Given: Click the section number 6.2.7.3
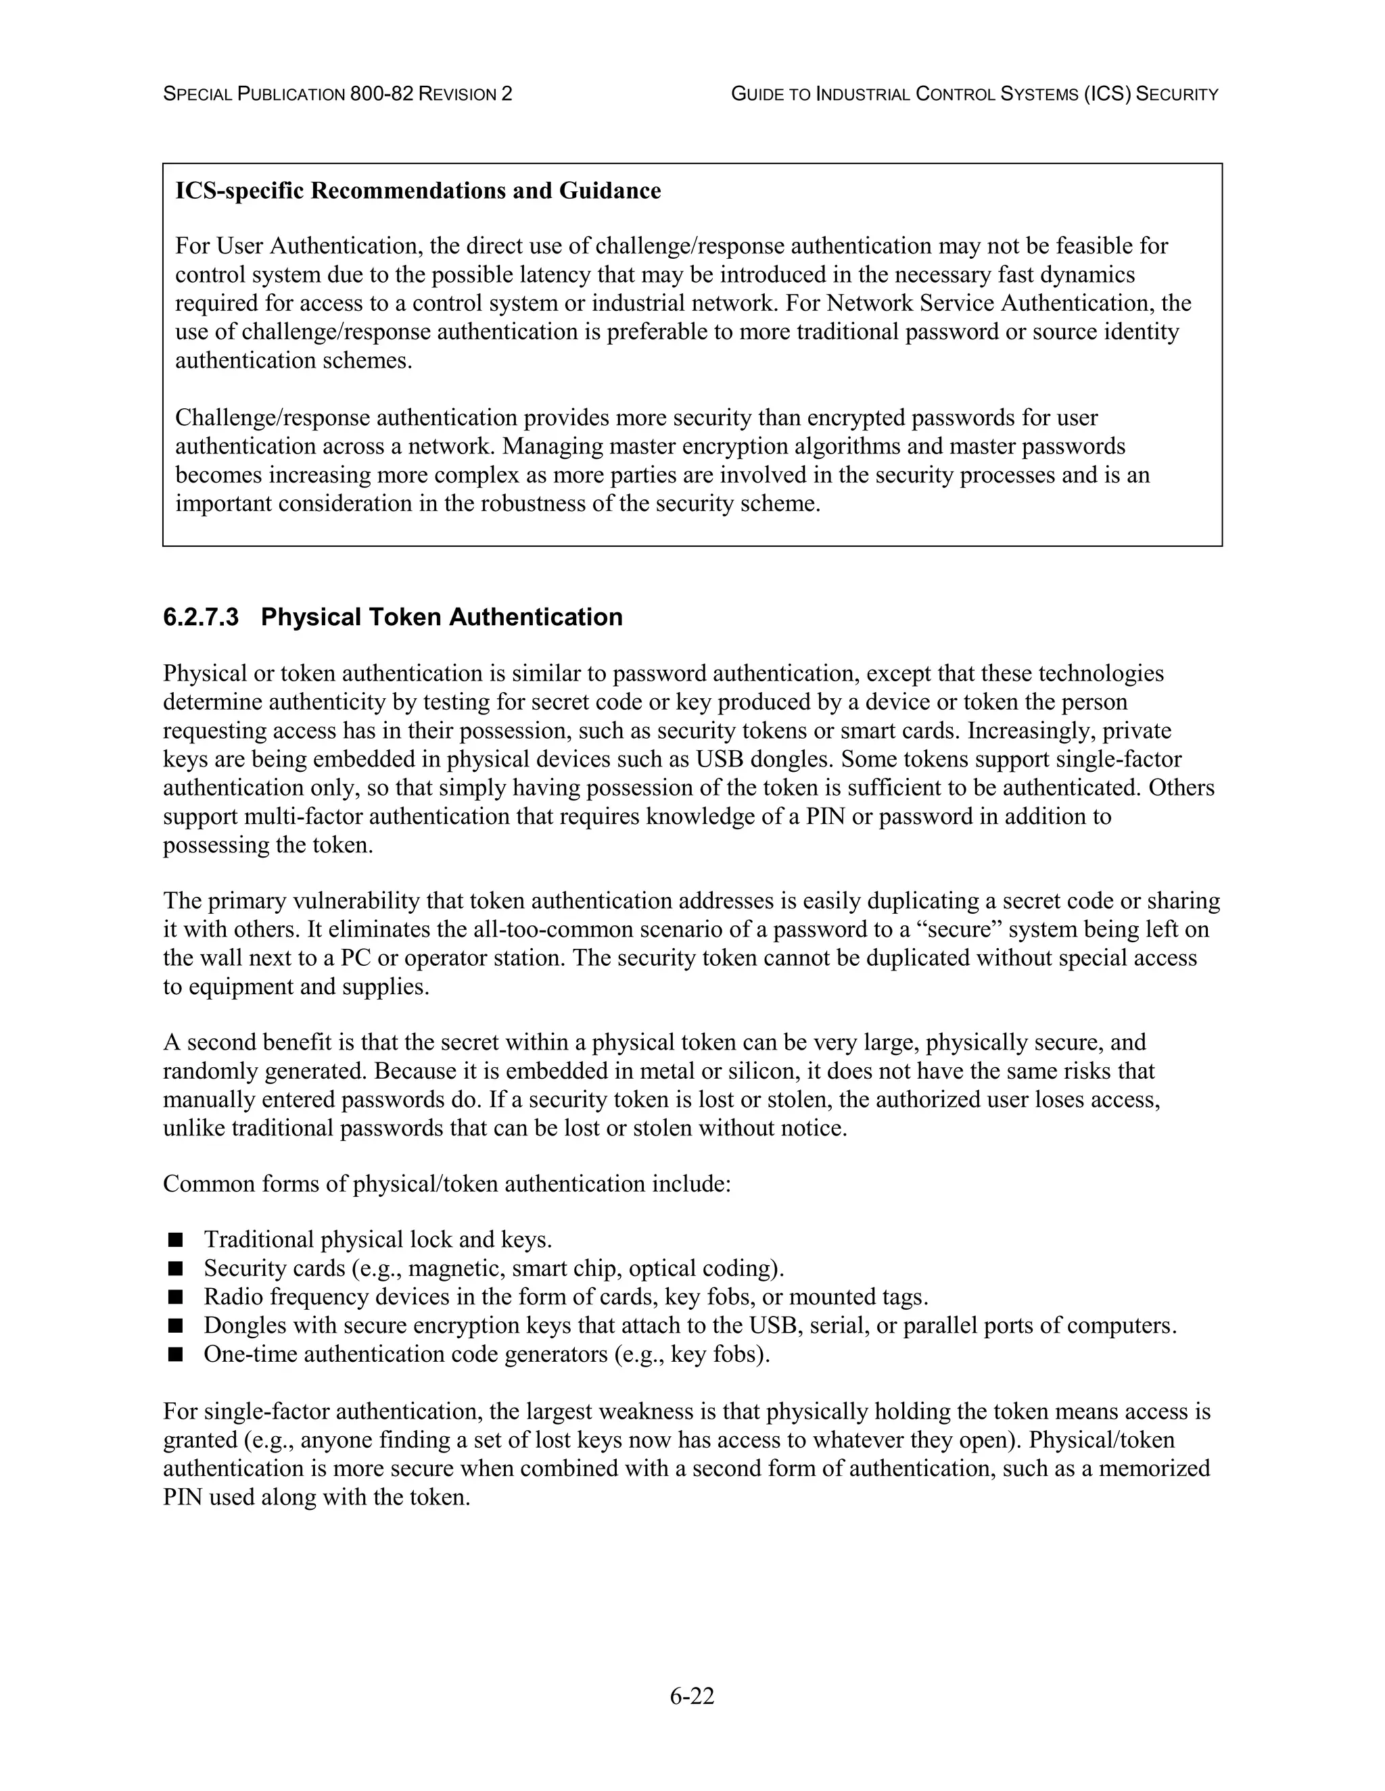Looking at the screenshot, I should (x=200, y=618).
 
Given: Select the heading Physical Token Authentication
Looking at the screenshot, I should (x=442, y=618).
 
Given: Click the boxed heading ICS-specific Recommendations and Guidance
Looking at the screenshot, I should (x=418, y=191).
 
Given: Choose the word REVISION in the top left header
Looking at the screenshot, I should (x=458, y=95).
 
